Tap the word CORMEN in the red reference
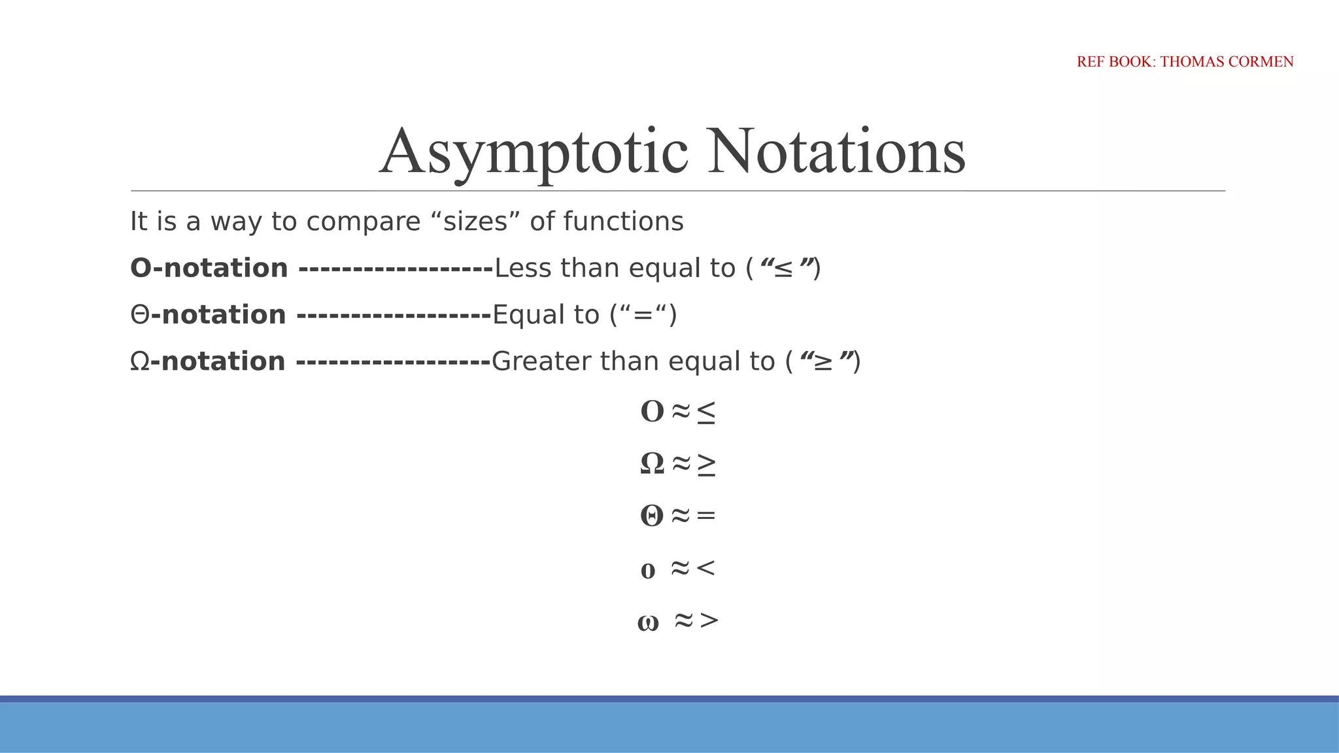pyautogui.click(x=1261, y=61)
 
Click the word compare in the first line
pyautogui.click(x=363, y=222)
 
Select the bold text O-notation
pyautogui.click(x=209, y=268)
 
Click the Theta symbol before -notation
pyautogui.click(x=140, y=315)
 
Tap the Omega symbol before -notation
pyautogui.click(x=140, y=361)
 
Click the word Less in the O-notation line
pyautogui.click(x=522, y=268)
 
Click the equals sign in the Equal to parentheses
pyautogui.click(x=643, y=315)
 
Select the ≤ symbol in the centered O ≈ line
pyautogui.click(x=705, y=412)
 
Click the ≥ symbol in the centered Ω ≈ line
pyautogui.click(x=705, y=464)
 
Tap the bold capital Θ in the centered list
pyautogui.click(x=651, y=516)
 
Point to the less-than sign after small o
pyautogui.click(x=705, y=568)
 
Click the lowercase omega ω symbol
pyautogui.click(x=647, y=622)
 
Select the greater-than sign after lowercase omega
pyautogui.click(x=709, y=620)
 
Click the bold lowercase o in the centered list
pyautogui.click(x=647, y=571)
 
